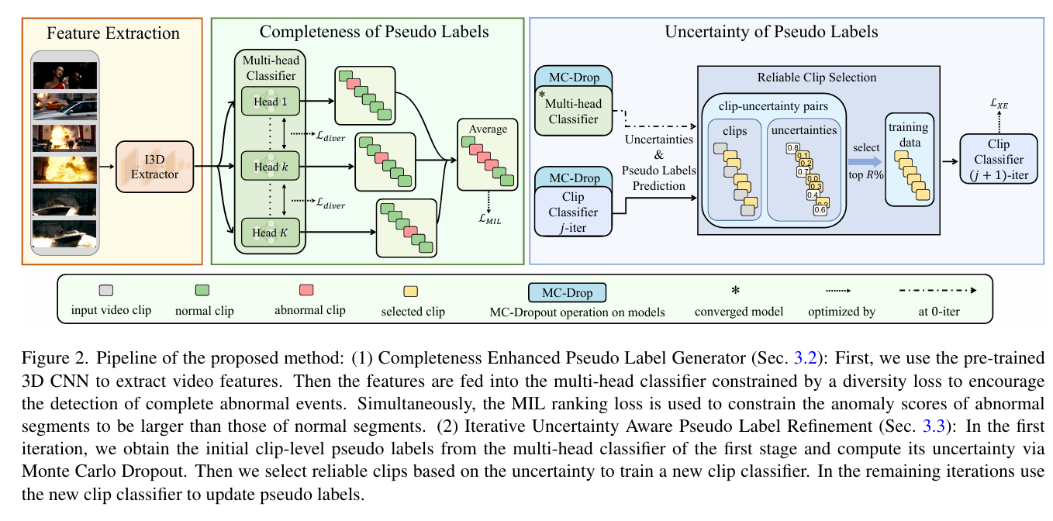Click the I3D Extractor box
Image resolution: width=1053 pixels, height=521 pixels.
click(x=154, y=166)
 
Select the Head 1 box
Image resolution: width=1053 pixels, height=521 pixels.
click(x=269, y=102)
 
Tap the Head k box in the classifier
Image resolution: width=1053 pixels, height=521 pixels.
click(x=269, y=166)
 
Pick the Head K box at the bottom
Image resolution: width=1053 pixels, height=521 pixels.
click(x=269, y=231)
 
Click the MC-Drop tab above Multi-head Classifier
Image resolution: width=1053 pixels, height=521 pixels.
click(x=573, y=78)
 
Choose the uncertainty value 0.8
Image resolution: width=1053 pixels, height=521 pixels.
click(x=792, y=147)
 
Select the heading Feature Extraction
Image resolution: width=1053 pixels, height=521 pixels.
click(x=113, y=33)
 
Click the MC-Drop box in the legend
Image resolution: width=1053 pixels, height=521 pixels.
click(x=567, y=292)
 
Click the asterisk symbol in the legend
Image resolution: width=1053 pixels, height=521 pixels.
click(x=735, y=291)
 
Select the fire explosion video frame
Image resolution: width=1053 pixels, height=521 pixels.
click(x=65, y=167)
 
